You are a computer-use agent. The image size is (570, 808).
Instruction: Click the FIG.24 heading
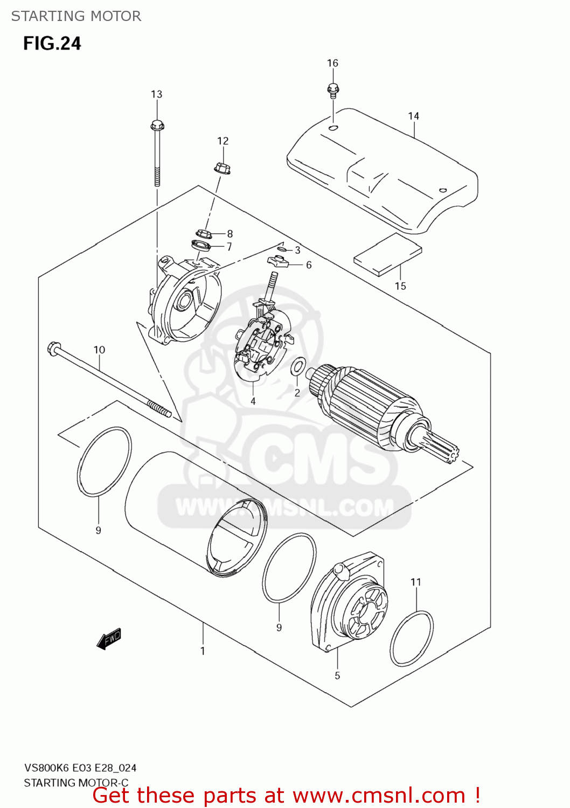point(52,44)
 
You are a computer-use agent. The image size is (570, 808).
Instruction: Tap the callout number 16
point(332,63)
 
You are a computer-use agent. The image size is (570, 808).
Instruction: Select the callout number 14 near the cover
point(413,116)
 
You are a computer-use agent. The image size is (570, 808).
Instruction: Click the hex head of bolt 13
point(157,126)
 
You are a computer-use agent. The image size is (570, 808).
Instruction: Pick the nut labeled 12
point(222,168)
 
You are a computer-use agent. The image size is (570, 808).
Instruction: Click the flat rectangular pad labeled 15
point(387,255)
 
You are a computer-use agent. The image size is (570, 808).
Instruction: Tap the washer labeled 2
point(297,367)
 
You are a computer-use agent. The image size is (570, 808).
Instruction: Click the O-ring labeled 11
point(412,638)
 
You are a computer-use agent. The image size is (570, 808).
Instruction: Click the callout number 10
point(99,350)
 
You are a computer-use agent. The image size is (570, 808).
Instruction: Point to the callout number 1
point(203,651)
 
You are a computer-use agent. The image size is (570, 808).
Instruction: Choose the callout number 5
point(337,675)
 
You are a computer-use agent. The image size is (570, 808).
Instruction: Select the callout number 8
point(230,234)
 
